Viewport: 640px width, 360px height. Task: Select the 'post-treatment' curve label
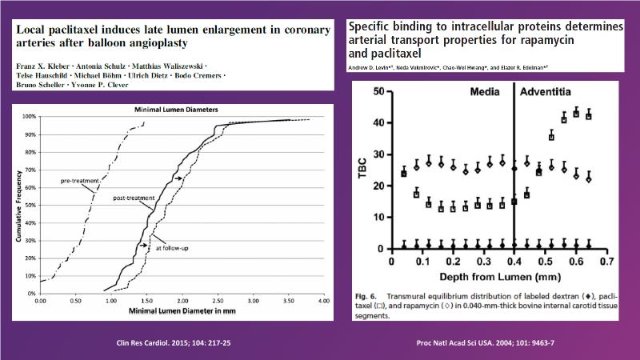(x=132, y=196)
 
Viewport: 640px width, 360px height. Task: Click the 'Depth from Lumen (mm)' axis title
(x=497, y=278)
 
